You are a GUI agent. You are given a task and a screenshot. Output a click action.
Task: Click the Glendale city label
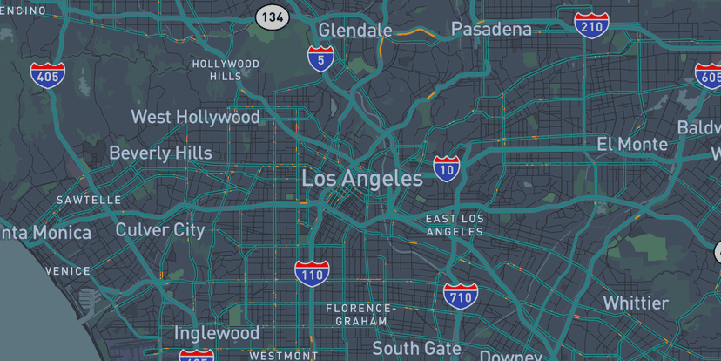pos(355,31)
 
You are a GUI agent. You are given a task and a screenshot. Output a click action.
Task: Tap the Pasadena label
pos(491,30)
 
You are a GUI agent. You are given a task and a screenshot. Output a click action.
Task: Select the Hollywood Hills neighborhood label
pos(226,70)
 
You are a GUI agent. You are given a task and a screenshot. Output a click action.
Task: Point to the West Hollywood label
pos(195,117)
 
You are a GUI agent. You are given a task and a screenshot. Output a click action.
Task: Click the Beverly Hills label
pos(160,153)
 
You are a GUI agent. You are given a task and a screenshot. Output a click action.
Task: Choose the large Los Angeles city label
pos(361,179)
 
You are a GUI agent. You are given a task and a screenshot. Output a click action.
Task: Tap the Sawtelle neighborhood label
pos(90,200)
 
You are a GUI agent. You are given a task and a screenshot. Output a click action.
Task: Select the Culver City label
pos(160,230)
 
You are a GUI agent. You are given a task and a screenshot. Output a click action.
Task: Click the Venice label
pos(68,271)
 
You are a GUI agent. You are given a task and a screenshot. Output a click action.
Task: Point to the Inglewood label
pos(217,333)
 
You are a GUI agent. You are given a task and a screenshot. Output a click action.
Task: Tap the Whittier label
pos(636,303)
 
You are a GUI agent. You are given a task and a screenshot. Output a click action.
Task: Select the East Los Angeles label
pos(455,225)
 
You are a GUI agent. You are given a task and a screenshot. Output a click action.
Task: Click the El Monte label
pos(632,144)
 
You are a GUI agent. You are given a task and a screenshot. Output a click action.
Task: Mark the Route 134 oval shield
pos(273,17)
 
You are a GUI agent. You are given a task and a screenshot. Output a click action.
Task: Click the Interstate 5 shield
pos(321,59)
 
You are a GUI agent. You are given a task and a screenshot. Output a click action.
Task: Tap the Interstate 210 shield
pos(591,24)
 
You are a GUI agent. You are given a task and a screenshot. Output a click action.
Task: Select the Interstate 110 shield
pos(312,274)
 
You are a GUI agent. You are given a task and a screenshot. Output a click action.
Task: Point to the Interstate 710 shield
pos(460,296)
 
